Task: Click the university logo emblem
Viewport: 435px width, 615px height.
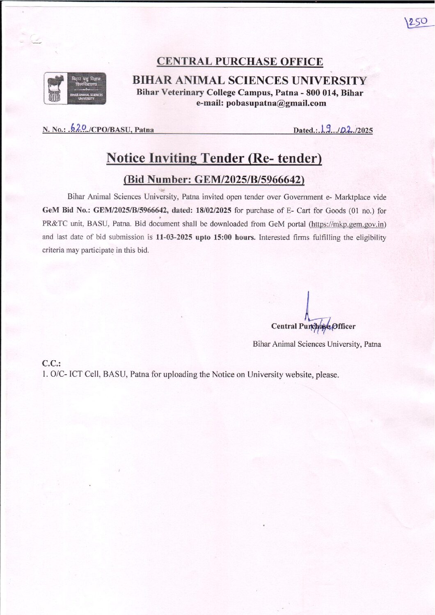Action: coord(75,88)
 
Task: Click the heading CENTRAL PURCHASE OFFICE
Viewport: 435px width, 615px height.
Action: coord(240,62)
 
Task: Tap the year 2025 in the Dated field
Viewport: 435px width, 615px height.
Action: coord(365,131)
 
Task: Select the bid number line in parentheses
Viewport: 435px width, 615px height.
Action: coord(214,180)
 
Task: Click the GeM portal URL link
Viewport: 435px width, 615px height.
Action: coord(348,224)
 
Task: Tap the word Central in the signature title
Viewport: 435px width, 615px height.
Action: coord(284,326)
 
